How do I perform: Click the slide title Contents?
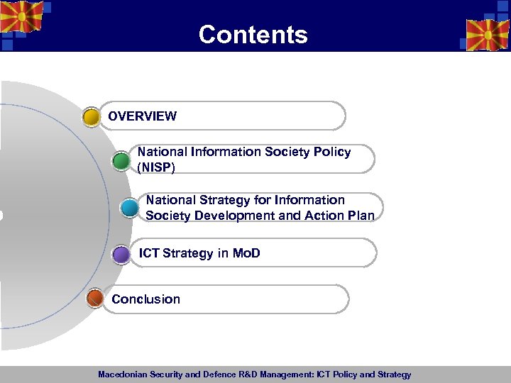click(x=253, y=35)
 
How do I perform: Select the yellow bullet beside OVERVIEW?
click(x=92, y=117)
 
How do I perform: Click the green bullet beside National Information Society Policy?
click(x=121, y=161)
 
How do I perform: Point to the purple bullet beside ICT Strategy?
click(x=121, y=254)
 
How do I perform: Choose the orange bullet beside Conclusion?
click(x=95, y=299)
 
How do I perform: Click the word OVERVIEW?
click(x=142, y=116)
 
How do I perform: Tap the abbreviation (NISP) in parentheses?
click(x=156, y=167)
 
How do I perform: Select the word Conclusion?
click(x=145, y=299)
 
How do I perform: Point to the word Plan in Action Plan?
click(x=360, y=216)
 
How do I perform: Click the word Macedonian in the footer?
click(x=123, y=374)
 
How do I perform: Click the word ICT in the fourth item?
click(x=149, y=253)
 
